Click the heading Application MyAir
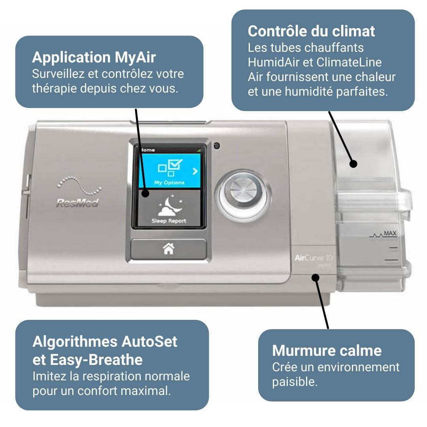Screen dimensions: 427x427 point(94,57)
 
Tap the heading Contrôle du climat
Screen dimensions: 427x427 point(311,31)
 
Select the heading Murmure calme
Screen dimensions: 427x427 point(327,350)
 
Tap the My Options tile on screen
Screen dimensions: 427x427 point(169,170)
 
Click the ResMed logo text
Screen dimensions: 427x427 point(77,203)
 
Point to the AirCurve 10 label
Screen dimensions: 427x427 point(314,258)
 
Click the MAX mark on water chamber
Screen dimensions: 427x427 point(390,234)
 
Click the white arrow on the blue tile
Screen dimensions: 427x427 point(195,171)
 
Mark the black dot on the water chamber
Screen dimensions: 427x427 point(353,163)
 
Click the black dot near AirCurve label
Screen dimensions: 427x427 point(315,278)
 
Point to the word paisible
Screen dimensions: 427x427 point(295,382)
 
